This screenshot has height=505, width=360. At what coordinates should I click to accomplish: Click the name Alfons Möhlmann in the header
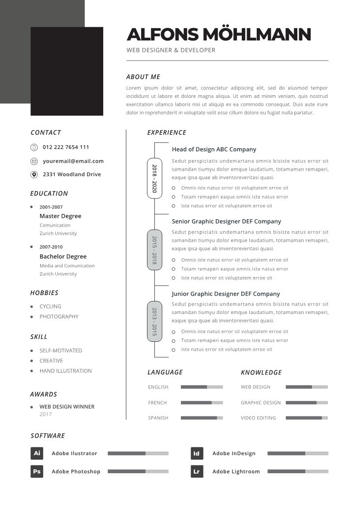[218, 34]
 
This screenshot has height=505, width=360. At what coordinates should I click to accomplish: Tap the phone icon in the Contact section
[34, 147]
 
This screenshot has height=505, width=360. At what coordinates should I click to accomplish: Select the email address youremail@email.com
[73, 161]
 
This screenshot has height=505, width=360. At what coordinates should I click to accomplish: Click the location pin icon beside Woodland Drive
[34, 175]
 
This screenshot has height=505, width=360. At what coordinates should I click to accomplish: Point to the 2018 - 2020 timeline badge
[154, 178]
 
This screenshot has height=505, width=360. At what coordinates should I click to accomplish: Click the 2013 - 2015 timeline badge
[154, 322]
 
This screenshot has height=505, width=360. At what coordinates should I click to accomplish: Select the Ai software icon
[37, 453]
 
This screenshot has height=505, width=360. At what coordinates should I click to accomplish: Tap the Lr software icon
[197, 471]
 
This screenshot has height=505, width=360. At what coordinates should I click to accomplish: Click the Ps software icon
[37, 471]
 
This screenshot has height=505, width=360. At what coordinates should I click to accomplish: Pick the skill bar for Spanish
[202, 418]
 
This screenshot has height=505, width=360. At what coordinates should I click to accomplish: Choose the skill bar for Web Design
[307, 387]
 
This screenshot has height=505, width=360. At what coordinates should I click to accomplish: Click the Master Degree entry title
[60, 216]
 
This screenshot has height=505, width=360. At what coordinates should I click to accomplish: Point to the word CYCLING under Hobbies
[50, 306]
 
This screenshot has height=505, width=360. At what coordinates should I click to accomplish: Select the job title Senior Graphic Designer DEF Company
[226, 221]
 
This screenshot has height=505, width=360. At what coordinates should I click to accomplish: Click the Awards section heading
[44, 394]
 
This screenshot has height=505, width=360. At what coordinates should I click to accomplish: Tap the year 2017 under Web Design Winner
[45, 414]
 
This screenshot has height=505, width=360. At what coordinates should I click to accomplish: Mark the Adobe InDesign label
[234, 453]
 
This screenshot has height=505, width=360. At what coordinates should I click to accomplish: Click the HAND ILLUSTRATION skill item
[66, 371]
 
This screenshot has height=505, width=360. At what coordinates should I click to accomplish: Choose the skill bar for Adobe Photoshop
[138, 471]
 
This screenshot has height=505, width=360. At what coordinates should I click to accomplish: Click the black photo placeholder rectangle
[67, 71]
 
